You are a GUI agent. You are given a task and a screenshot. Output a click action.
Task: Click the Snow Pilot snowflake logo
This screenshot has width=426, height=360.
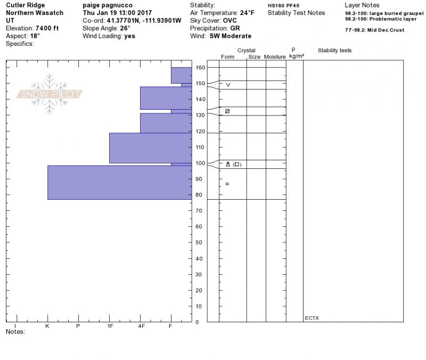click(49, 94)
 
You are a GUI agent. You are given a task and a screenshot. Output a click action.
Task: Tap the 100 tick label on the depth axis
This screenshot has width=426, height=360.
click(200, 163)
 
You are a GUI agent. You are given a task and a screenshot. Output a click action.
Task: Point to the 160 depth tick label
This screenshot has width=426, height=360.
click(200, 68)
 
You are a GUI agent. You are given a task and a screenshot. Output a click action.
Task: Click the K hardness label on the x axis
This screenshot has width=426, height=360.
click(47, 326)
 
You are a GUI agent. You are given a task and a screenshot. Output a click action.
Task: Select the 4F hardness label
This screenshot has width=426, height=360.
click(141, 326)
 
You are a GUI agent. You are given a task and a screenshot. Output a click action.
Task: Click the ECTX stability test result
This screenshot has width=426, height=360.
click(312, 318)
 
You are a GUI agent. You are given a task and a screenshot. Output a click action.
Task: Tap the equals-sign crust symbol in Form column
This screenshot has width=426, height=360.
click(227, 184)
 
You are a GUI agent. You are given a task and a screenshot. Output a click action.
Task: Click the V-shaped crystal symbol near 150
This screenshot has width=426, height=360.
click(228, 85)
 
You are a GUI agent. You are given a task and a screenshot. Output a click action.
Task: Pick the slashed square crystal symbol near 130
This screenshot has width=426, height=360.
click(227, 111)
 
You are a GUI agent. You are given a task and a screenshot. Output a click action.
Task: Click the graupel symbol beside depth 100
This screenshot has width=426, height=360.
click(228, 164)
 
